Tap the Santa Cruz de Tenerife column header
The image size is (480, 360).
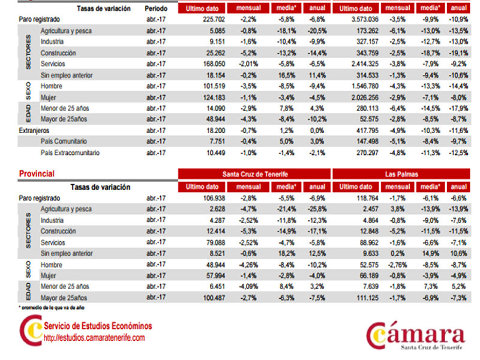(x=254, y=174)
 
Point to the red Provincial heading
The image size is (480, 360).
(x=37, y=174)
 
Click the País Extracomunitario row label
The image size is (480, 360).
(x=70, y=152)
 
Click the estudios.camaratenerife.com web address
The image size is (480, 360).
(x=94, y=338)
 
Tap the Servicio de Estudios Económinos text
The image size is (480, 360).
(x=98, y=326)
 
